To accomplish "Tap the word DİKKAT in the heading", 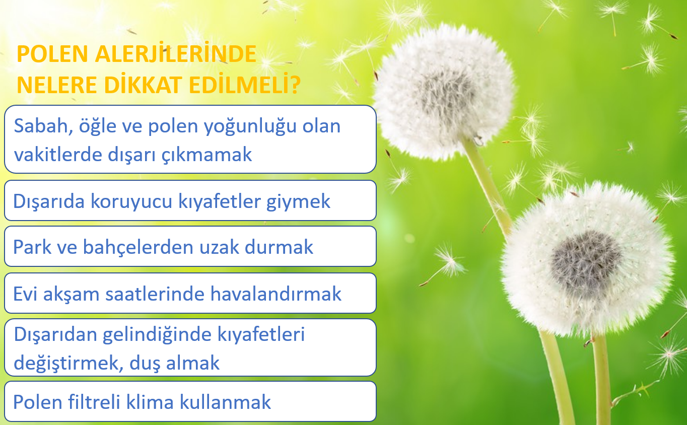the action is coord(143,85).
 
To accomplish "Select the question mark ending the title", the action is coord(295,85).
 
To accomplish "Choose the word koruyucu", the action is coord(131,202).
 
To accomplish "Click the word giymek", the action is coord(298,202).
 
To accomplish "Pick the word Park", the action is coord(33,247).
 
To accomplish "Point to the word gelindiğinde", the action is coord(157,335).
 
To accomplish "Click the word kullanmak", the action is coord(225,402).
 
